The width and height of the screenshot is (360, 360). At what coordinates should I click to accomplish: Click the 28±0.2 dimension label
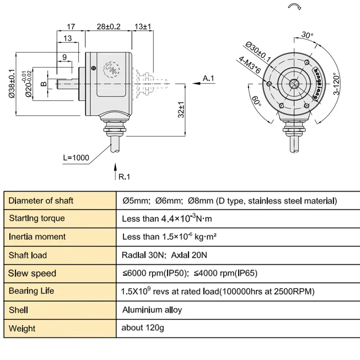click(x=109, y=27)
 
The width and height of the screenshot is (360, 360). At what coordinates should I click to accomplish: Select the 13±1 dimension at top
click(x=143, y=27)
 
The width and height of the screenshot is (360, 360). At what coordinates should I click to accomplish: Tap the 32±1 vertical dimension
click(x=181, y=109)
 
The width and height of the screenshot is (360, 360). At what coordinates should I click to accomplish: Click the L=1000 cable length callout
click(x=76, y=158)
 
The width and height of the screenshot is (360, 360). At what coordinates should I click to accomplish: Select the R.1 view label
click(x=124, y=177)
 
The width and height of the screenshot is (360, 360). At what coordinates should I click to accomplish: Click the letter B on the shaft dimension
click(x=43, y=84)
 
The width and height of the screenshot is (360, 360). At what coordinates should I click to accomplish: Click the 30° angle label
click(x=306, y=35)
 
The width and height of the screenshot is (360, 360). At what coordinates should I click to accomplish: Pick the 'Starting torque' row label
click(x=37, y=218)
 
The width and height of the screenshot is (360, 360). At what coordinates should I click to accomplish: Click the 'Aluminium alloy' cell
click(x=152, y=310)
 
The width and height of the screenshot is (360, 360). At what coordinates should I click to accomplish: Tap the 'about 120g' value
click(x=143, y=328)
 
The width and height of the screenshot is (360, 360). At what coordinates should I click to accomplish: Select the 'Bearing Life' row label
click(x=31, y=291)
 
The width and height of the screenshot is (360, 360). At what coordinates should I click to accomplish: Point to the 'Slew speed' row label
click(x=32, y=273)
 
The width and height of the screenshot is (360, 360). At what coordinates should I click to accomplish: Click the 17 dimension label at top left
click(x=70, y=27)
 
